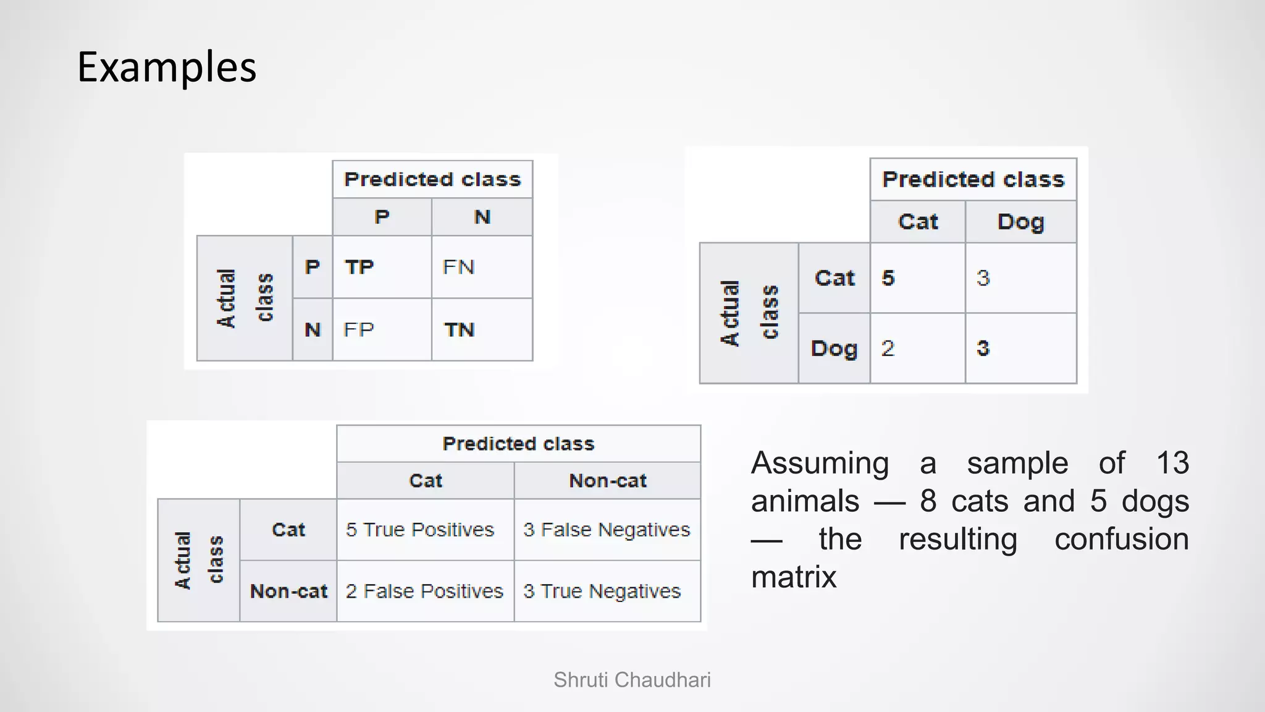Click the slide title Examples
point(167,67)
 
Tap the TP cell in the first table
point(359,267)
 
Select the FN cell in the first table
point(459,267)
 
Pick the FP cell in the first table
point(359,329)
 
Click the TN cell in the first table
point(460,329)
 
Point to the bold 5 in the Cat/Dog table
point(888,278)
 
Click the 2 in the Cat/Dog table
point(888,348)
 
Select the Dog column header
point(1020,222)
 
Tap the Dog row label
point(834,349)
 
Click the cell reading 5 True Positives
point(420,530)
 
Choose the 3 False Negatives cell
point(607,530)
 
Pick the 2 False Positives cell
point(424,591)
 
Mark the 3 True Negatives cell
point(602,591)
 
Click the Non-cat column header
point(608,480)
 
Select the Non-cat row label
point(288,591)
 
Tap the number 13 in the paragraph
point(1172,463)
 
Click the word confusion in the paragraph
point(1121,539)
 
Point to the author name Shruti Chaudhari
point(632,680)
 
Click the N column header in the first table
point(482,217)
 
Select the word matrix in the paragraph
point(794,577)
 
